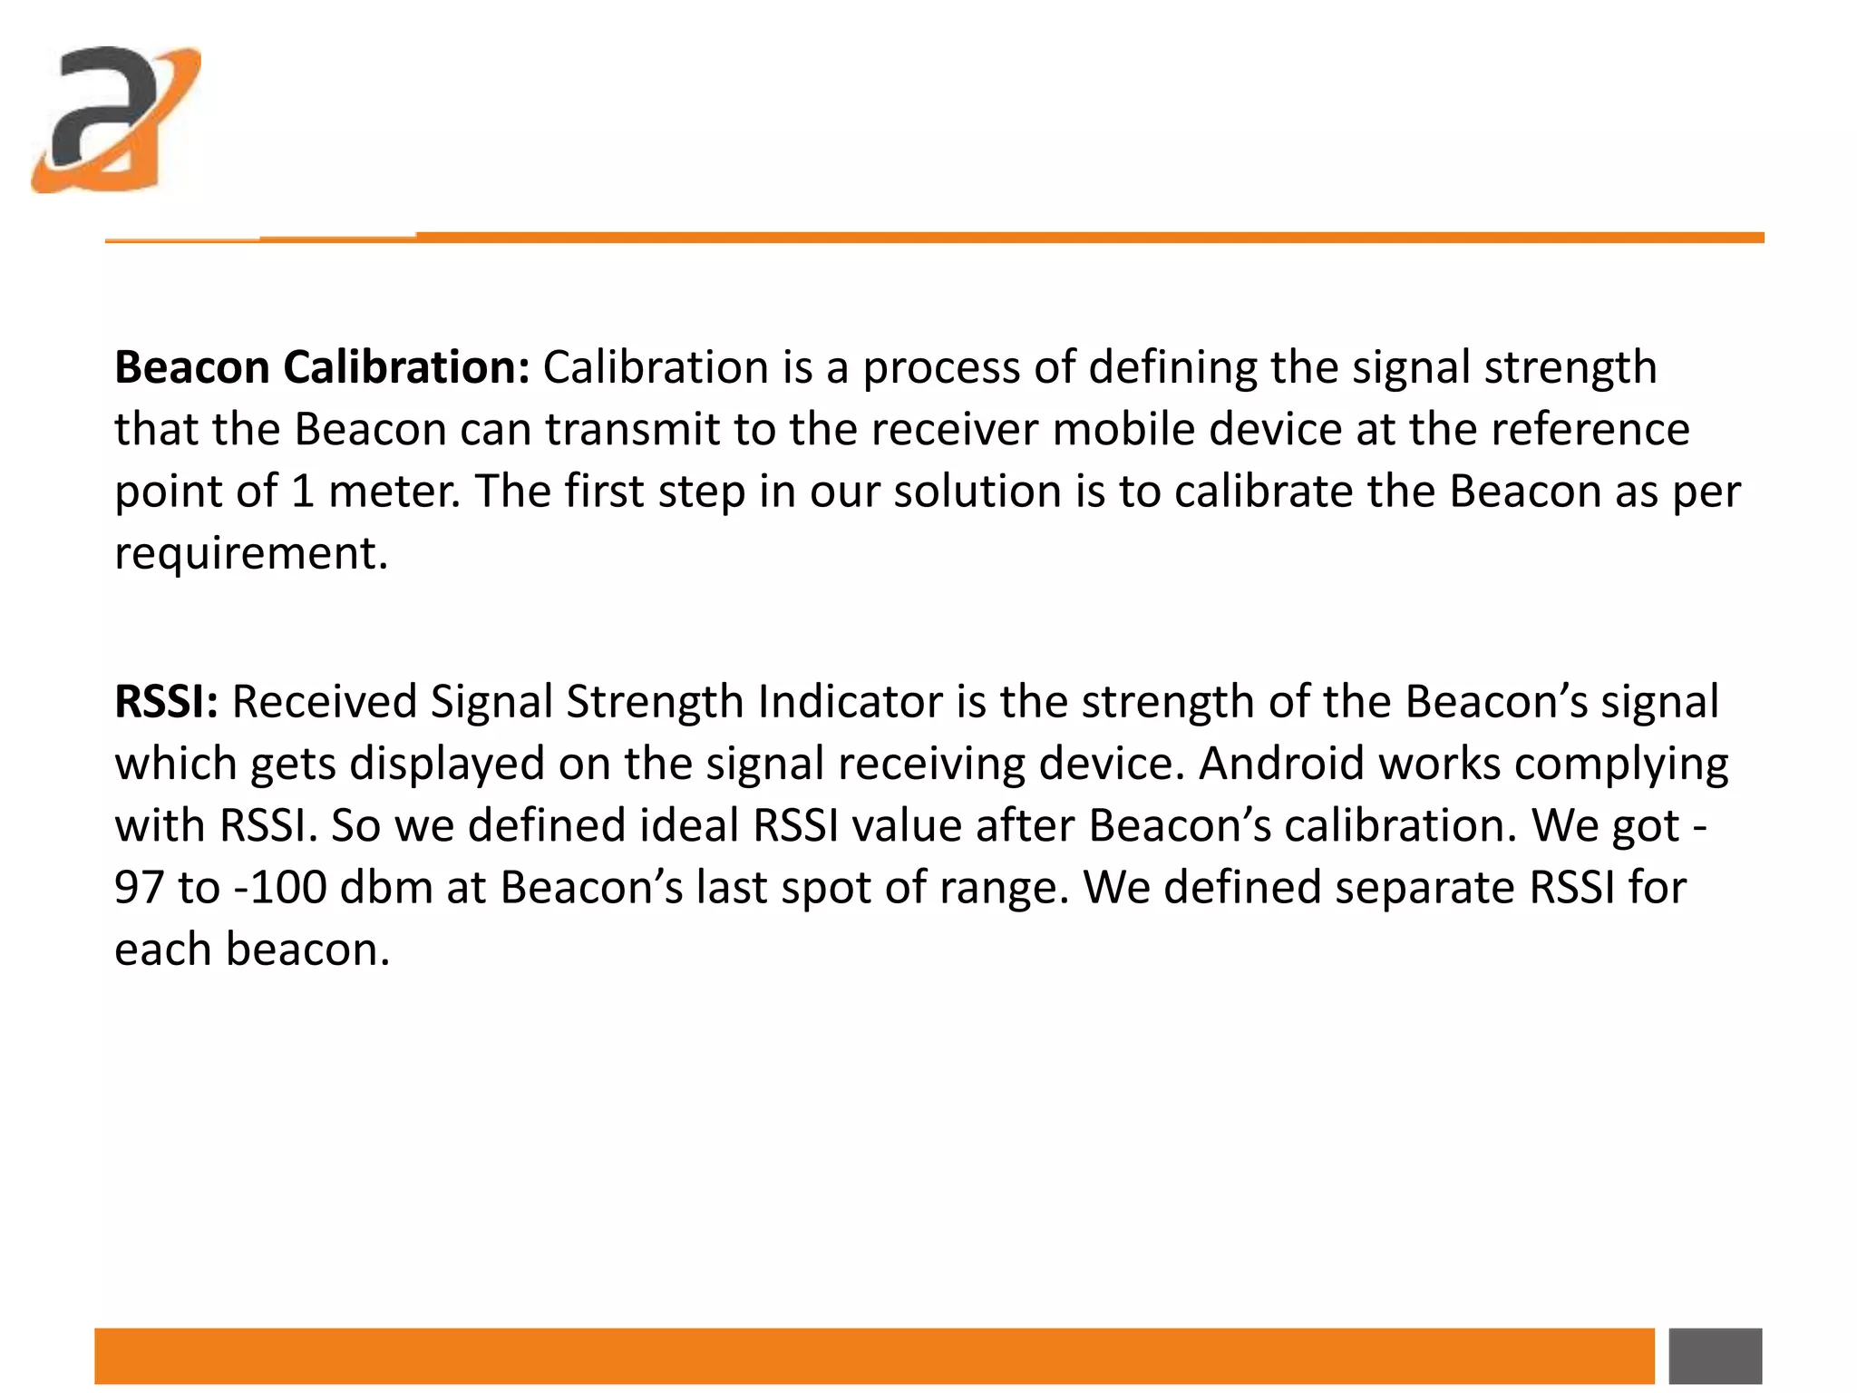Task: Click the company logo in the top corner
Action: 115,120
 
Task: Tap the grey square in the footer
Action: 1715,1356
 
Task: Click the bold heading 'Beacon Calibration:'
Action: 322,368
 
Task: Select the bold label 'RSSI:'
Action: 166,702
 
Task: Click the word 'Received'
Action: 324,702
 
